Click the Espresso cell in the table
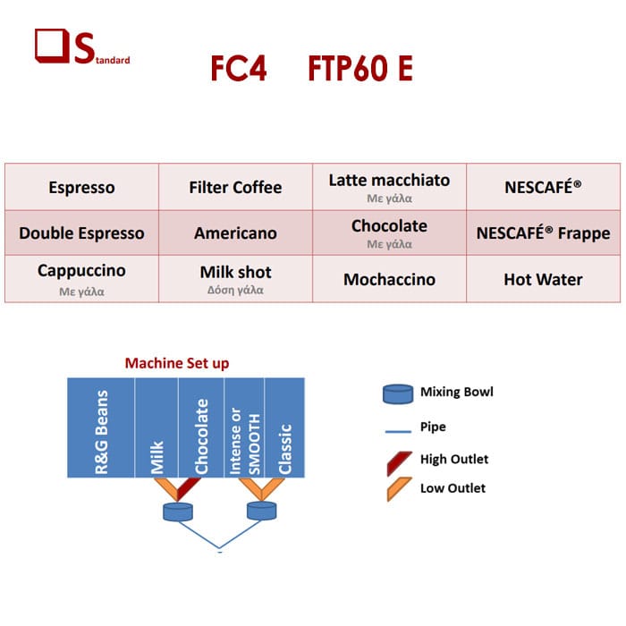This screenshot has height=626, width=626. click(x=82, y=187)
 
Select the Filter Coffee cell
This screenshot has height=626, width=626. click(x=235, y=187)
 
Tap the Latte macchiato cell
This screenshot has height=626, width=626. click(x=389, y=187)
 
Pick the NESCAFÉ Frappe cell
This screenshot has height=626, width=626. click(x=543, y=233)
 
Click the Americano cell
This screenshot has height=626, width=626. click(x=235, y=233)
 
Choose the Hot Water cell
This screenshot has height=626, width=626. click(x=543, y=279)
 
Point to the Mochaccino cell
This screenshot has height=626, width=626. click(x=389, y=279)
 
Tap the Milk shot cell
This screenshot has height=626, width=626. click(x=235, y=279)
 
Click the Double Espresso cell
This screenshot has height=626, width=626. click(x=82, y=233)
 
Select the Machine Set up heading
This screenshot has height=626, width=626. click(x=177, y=363)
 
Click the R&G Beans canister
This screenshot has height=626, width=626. click(x=101, y=427)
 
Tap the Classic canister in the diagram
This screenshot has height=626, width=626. click(x=284, y=427)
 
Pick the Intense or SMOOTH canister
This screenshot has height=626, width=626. click(x=244, y=427)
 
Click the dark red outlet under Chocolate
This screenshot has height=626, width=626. click(x=188, y=488)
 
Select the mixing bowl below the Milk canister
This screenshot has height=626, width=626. click(x=178, y=512)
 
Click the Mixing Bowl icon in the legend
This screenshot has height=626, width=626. click(x=398, y=394)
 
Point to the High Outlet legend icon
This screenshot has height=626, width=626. click(x=399, y=463)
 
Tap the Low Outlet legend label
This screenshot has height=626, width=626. click(x=453, y=488)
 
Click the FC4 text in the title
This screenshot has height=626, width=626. click(x=239, y=68)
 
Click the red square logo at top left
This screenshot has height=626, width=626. click(x=51, y=46)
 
